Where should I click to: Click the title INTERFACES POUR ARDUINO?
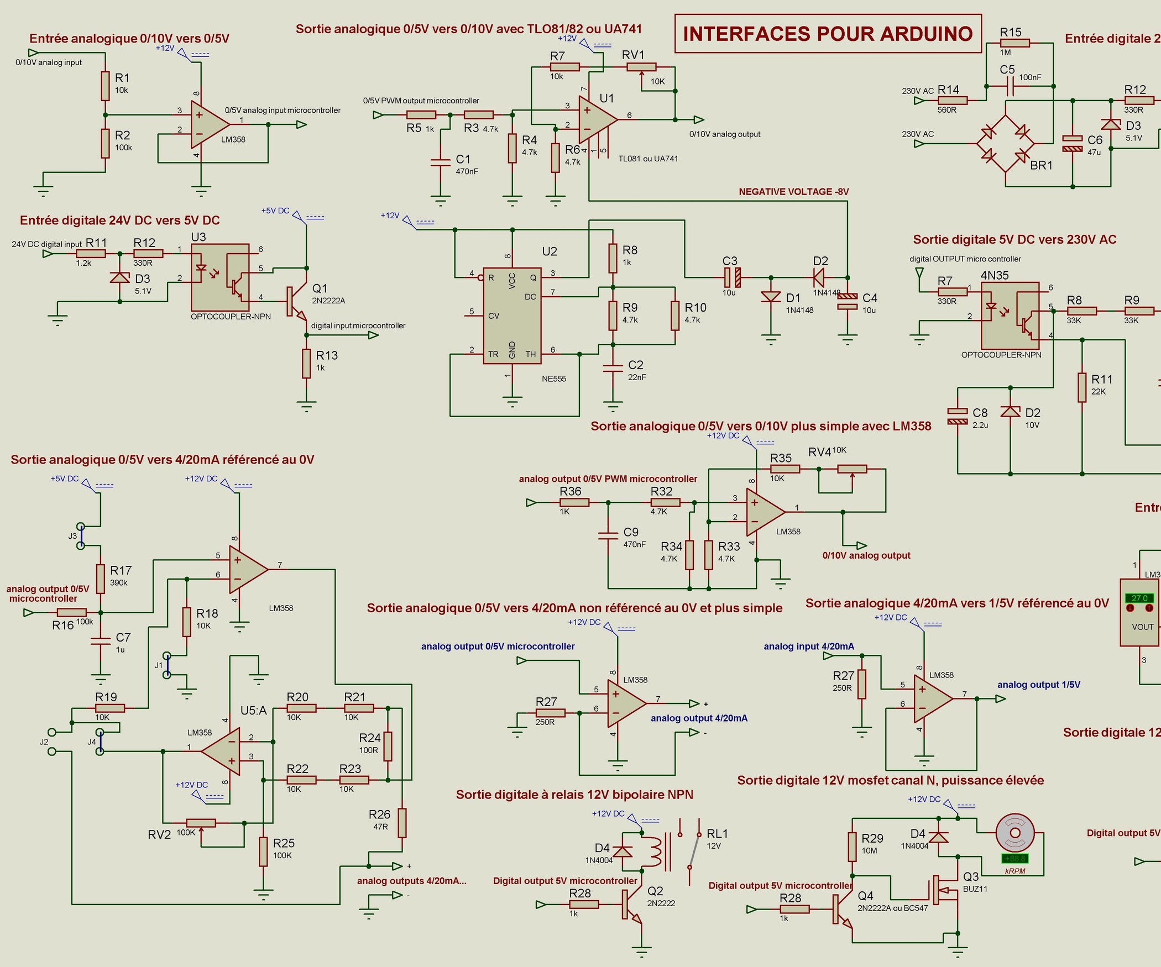pos(828,34)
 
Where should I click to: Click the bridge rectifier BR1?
pos(1005,144)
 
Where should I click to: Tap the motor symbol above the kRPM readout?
pos(1014,833)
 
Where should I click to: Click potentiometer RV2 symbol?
pos(201,823)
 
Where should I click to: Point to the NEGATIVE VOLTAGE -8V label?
pos(793,192)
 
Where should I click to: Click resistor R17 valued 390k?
pos(100,579)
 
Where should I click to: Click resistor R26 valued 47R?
pos(402,823)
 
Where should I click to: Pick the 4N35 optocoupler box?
pos(1010,316)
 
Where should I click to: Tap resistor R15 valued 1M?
pos(1014,43)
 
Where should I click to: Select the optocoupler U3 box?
pos(220,277)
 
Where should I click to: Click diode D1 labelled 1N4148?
pos(771,298)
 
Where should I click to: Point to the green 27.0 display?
pos(1139,598)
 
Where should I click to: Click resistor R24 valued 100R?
pos(388,746)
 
